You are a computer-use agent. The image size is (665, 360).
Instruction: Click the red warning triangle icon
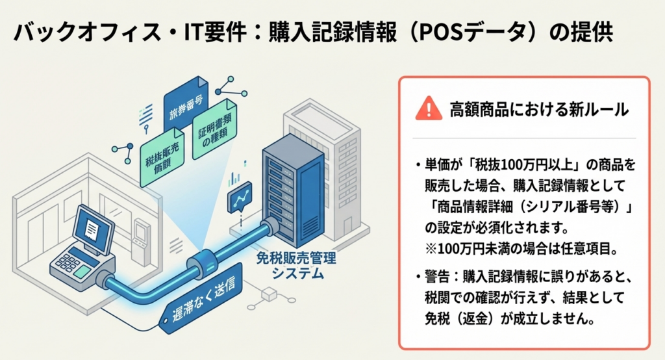tap(428, 108)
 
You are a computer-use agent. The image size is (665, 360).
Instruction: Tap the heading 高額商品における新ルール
tap(539, 109)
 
